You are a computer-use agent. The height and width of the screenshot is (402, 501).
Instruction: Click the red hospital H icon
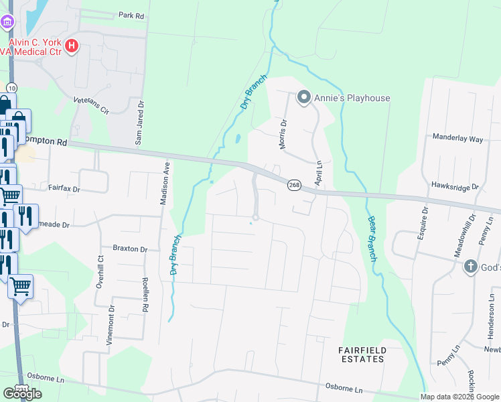72,46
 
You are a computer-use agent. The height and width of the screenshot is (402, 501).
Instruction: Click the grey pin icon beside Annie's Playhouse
303,98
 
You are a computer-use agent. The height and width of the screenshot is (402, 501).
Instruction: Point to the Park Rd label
131,14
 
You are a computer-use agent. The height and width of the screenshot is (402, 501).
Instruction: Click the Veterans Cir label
91,106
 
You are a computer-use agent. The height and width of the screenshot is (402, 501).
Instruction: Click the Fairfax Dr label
63,190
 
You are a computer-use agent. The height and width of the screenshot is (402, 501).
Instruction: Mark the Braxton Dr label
130,249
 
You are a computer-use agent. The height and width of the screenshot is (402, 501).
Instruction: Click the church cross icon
470,267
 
